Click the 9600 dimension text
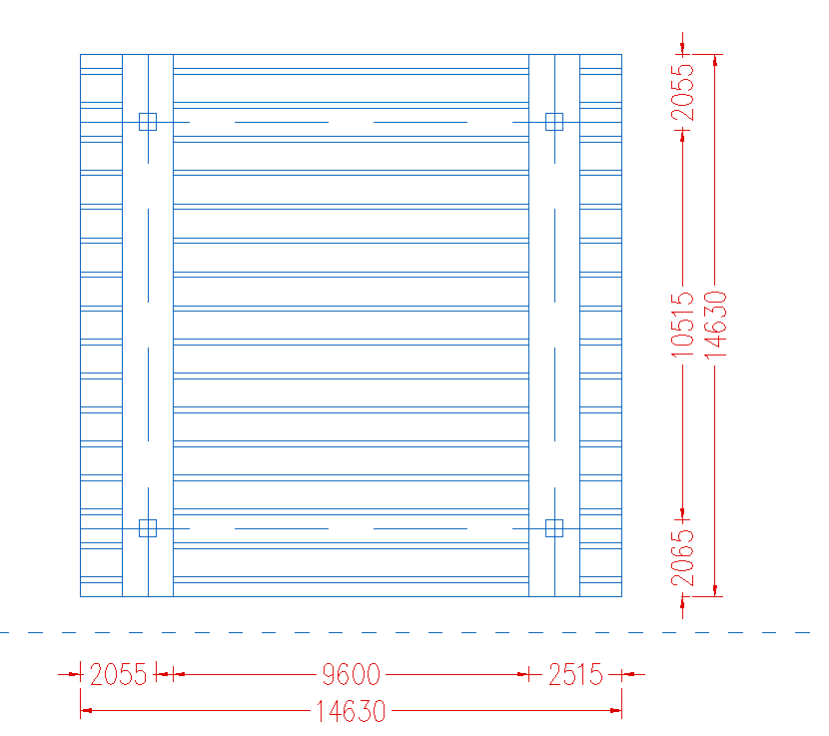[x=351, y=675]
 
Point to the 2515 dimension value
[x=575, y=675]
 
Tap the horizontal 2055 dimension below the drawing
[x=118, y=675]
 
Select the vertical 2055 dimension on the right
[x=682, y=93]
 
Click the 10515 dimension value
[x=682, y=326]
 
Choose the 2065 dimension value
[x=682, y=559]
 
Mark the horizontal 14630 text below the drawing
[x=351, y=711]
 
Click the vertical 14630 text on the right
[x=716, y=325]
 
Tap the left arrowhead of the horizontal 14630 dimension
[x=86, y=711]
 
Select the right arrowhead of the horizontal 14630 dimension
[x=616, y=711]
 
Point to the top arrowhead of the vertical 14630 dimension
[x=715, y=60]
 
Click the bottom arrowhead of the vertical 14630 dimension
[x=715, y=590]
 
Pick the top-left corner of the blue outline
[x=80, y=55]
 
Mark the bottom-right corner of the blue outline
[x=621, y=596]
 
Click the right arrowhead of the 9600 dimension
[x=523, y=674]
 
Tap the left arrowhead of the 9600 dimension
[x=179, y=674]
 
